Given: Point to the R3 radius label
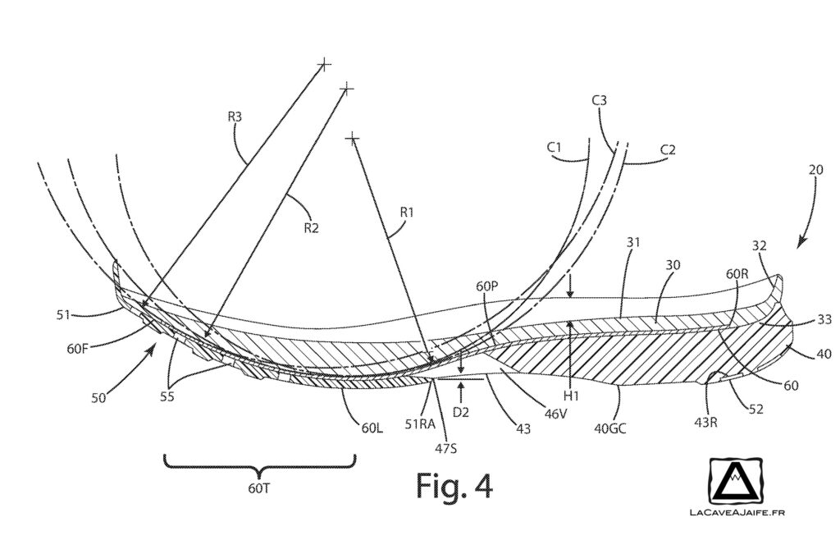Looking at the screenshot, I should tap(235, 117).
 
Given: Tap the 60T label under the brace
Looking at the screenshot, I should tap(259, 487).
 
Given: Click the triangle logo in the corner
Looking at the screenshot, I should tap(736, 487).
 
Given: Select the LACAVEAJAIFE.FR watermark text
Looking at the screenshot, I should tap(735, 518).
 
